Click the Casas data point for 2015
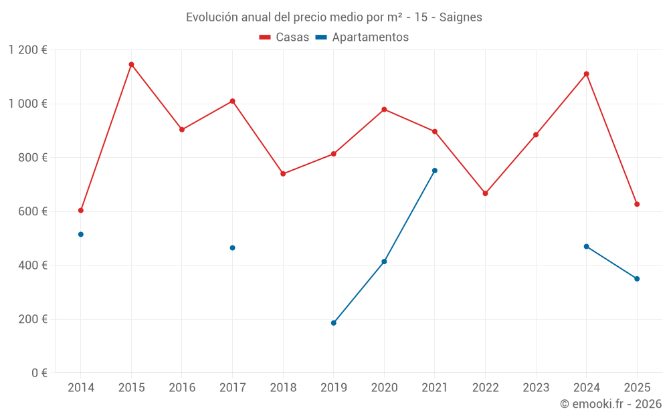(x=131, y=64)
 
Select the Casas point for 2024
(x=586, y=74)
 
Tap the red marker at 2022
(x=485, y=193)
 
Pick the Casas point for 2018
(x=283, y=174)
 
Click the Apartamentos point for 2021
(x=435, y=171)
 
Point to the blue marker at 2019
(x=334, y=323)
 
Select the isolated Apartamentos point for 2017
(x=232, y=247)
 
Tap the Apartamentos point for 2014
(x=81, y=234)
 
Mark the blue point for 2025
(x=637, y=279)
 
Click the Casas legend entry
(x=284, y=37)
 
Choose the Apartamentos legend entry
(x=362, y=37)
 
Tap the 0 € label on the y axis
(x=39, y=373)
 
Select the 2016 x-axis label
(x=182, y=388)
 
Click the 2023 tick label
(x=536, y=388)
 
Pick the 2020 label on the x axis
(x=384, y=388)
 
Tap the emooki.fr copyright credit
(x=611, y=404)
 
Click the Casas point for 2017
(x=232, y=101)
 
